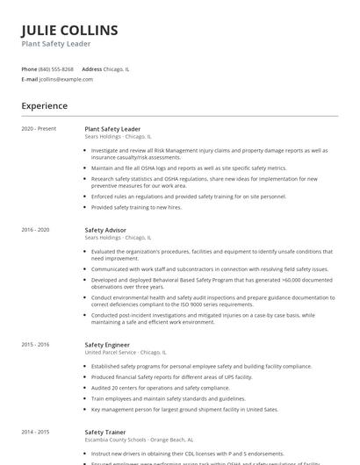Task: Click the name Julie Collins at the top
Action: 69,30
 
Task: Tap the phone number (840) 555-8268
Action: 56,68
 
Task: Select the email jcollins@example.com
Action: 66,79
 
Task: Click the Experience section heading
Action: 44,106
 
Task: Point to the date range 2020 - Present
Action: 39,129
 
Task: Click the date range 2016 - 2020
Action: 36,230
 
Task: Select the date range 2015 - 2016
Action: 36,345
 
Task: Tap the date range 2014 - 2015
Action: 36,432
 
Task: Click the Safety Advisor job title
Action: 105,230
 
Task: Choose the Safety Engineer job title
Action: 107,345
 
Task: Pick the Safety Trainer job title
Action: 104,432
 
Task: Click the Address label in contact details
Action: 91,68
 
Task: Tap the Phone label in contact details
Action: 29,68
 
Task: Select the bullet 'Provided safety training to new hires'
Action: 136,207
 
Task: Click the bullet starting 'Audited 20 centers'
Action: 148,387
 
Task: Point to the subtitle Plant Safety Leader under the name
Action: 56,44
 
